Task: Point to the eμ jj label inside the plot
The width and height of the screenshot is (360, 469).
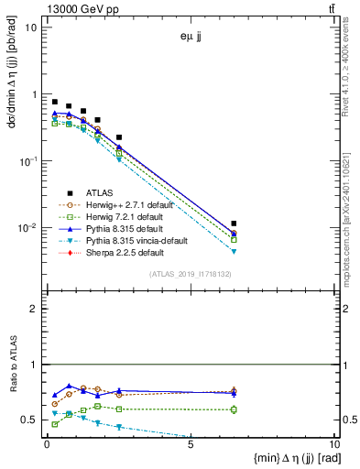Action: (192, 38)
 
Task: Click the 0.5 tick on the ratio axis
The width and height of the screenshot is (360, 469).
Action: (33, 420)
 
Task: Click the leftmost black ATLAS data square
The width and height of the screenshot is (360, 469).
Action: (55, 102)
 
